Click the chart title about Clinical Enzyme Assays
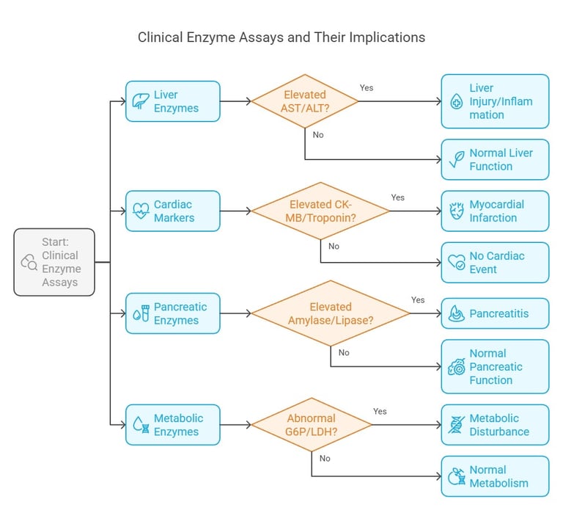[x=281, y=37]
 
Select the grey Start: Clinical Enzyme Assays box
[x=54, y=262]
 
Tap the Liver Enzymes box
[x=172, y=101]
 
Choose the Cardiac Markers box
[x=172, y=211]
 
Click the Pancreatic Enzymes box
[x=172, y=313]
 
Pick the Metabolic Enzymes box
[x=172, y=425]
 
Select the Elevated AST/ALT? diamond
[x=305, y=101]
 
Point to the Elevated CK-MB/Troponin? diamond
[x=320, y=211]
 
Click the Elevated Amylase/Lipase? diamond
[x=330, y=313]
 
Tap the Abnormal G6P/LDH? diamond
[x=312, y=425]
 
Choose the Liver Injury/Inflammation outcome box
[x=495, y=101]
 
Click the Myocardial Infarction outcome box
[x=495, y=211]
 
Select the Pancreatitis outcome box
[x=495, y=313]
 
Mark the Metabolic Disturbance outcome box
[x=495, y=425]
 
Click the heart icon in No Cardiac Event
[x=457, y=263]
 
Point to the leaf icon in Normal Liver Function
[x=457, y=159]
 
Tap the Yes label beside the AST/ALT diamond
[x=367, y=88]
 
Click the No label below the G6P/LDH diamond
[x=325, y=459]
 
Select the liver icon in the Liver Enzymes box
[x=140, y=101]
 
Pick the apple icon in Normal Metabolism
[x=457, y=476]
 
